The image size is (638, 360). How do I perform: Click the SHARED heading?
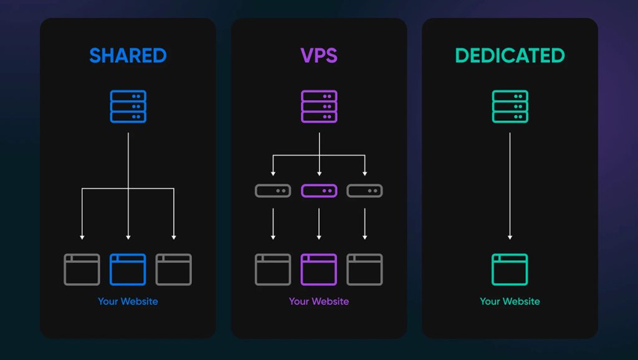128,55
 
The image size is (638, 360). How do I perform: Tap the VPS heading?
319,55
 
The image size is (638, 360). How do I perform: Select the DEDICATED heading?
510,55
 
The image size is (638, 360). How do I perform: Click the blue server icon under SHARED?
128,107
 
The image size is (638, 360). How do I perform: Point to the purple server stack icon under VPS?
319,107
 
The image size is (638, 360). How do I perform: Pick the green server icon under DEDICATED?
510,107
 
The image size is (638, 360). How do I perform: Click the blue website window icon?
128,269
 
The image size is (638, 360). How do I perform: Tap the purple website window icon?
319,269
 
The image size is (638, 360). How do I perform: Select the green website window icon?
510,269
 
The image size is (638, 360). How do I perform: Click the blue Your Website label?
128,301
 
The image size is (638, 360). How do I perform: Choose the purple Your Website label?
319,301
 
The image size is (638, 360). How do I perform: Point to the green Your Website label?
510,301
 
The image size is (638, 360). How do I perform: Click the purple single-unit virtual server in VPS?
319,191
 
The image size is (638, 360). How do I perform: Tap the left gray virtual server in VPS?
273,191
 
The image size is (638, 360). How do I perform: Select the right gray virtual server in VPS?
364,191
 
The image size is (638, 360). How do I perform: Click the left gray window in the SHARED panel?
82,269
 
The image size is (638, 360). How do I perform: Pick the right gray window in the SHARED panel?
174,269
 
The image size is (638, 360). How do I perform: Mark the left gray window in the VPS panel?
273,269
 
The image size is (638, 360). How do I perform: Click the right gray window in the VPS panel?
364,269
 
